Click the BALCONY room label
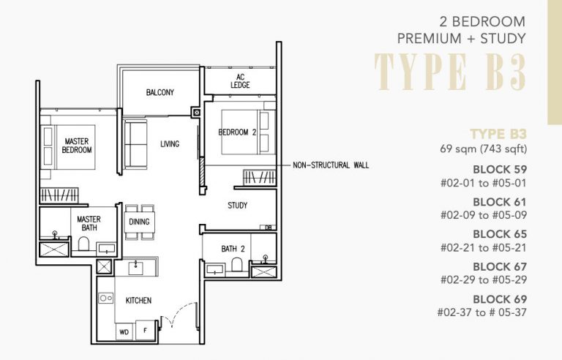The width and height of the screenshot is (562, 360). (x=160, y=93)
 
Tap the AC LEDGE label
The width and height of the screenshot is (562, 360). (x=240, y=81)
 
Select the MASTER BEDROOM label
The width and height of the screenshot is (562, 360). (x=77, y=145)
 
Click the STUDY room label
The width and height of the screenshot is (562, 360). (x=237, y=206)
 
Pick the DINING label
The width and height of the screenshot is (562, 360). (x=139, y=222)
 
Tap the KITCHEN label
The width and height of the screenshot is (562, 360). (x=138, y=301)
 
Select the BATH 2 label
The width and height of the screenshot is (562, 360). (x=233, y=250)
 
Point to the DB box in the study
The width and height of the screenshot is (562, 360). (x=269, y=228)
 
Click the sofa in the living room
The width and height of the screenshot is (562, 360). (x=135, y=144)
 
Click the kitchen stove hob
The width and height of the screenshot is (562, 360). (x=107, y=299)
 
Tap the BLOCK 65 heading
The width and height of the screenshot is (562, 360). (x=500, y=234)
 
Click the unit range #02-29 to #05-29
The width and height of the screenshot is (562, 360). (x=484, y=280)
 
